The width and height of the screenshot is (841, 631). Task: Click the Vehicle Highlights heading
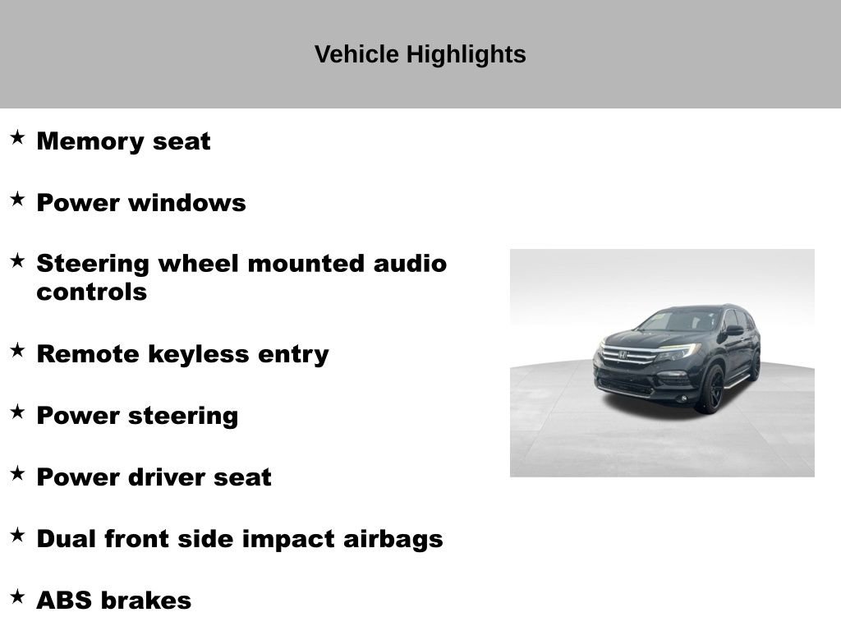420,54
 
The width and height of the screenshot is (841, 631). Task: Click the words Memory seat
123,141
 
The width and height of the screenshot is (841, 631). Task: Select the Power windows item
140,203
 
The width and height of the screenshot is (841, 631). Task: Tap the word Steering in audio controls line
94,264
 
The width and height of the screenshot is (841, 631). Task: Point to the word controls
91,292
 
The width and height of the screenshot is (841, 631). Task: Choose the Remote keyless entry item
182,354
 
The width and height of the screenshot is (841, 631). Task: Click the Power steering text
137,416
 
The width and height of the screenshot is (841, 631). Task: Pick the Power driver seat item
154,477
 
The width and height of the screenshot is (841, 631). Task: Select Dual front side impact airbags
239,539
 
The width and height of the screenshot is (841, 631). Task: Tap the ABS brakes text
113,601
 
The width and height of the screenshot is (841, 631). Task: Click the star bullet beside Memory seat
17,137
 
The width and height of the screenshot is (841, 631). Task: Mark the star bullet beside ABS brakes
17,596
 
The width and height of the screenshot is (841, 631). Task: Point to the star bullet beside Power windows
17,199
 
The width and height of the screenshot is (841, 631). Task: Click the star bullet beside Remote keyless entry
17,350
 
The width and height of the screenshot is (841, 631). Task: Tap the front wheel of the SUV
710,389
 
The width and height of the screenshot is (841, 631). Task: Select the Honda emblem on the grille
623,355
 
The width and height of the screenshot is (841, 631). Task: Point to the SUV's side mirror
733,330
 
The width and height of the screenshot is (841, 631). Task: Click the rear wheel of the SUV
755,366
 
